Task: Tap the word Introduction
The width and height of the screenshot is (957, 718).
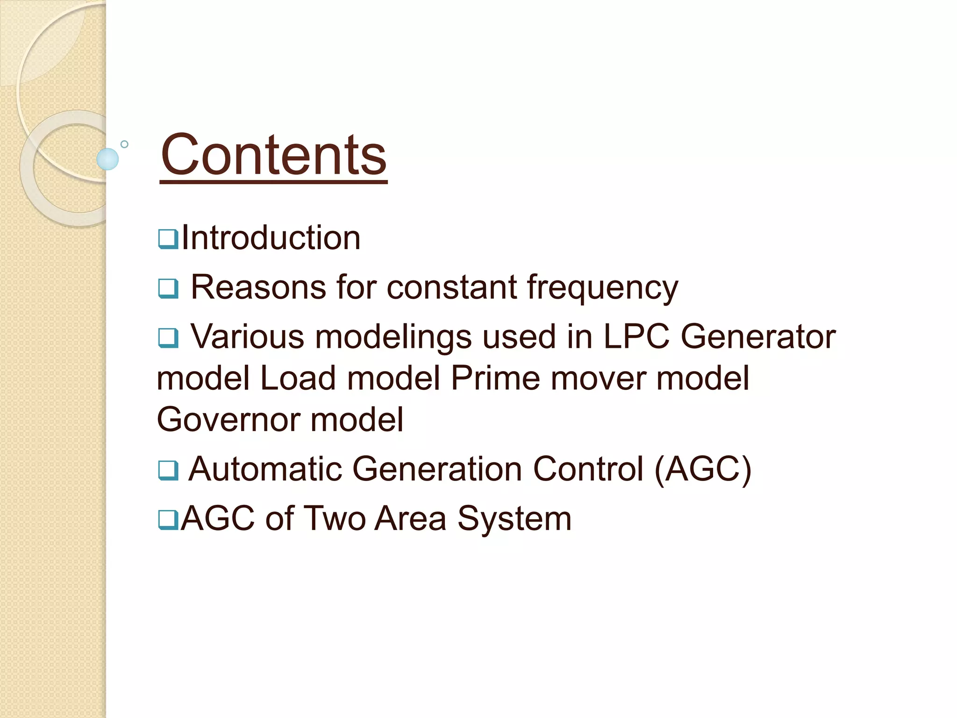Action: point(271,238)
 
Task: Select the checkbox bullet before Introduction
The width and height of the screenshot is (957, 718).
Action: point(168,239)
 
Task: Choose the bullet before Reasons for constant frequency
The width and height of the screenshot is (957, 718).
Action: point(168,288)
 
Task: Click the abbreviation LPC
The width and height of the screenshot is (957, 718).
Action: point(636,336)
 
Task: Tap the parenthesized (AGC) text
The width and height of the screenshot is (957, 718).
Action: point(703,469)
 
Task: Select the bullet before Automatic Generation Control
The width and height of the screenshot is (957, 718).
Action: point(168,470)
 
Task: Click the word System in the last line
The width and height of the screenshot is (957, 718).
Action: point(514,519)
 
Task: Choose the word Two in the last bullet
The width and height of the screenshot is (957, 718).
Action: point(335,518)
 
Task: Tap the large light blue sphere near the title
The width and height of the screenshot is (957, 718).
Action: point(107,159)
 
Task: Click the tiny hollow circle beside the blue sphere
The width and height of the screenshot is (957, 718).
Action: point(124,144)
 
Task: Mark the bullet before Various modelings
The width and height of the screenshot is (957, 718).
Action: point(168,337)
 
